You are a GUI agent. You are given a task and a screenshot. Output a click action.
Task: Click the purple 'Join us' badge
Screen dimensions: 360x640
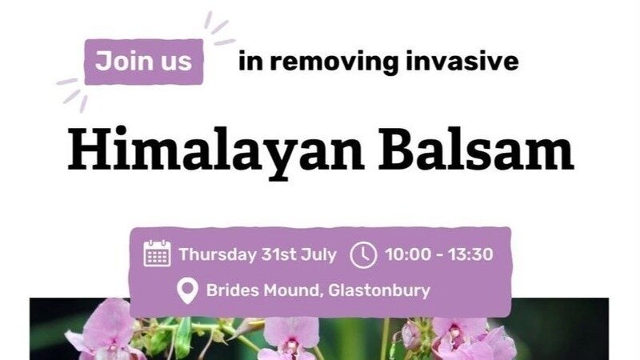[x=144, y=62]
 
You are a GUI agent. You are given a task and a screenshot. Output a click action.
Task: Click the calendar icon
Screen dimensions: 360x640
[x=157, y=254]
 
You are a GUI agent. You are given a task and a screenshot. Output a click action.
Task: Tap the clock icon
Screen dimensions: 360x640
[x=363, y=254]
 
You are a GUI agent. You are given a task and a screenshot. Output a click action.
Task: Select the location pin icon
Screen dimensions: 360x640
[x=186, y=290]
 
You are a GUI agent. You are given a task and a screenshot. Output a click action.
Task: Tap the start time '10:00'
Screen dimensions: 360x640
[x=406, y=254]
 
